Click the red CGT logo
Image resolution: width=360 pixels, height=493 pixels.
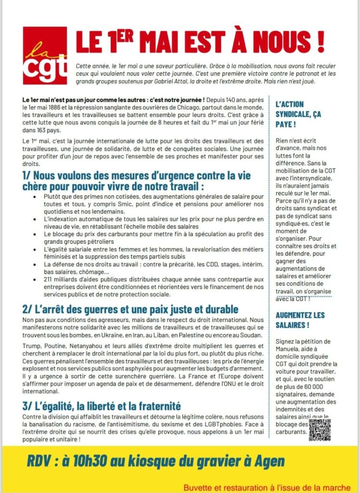pos(45,55)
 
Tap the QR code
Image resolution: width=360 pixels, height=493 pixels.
pos(320,429)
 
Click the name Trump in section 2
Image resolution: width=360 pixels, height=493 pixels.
pos(31,346)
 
